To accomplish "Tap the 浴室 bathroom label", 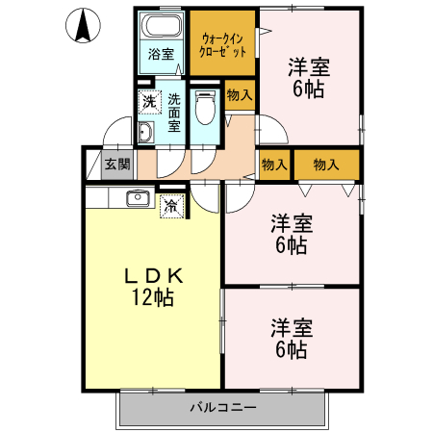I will pos(161,55).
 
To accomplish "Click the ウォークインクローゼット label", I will pos(223,43).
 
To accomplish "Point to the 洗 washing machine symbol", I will pos(149,101).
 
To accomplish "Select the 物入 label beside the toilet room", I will pos(240,94).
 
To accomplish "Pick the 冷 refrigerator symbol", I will pos(171,204).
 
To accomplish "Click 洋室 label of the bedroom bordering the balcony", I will pos(291,326).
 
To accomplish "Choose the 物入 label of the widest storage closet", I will pos(326,165).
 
